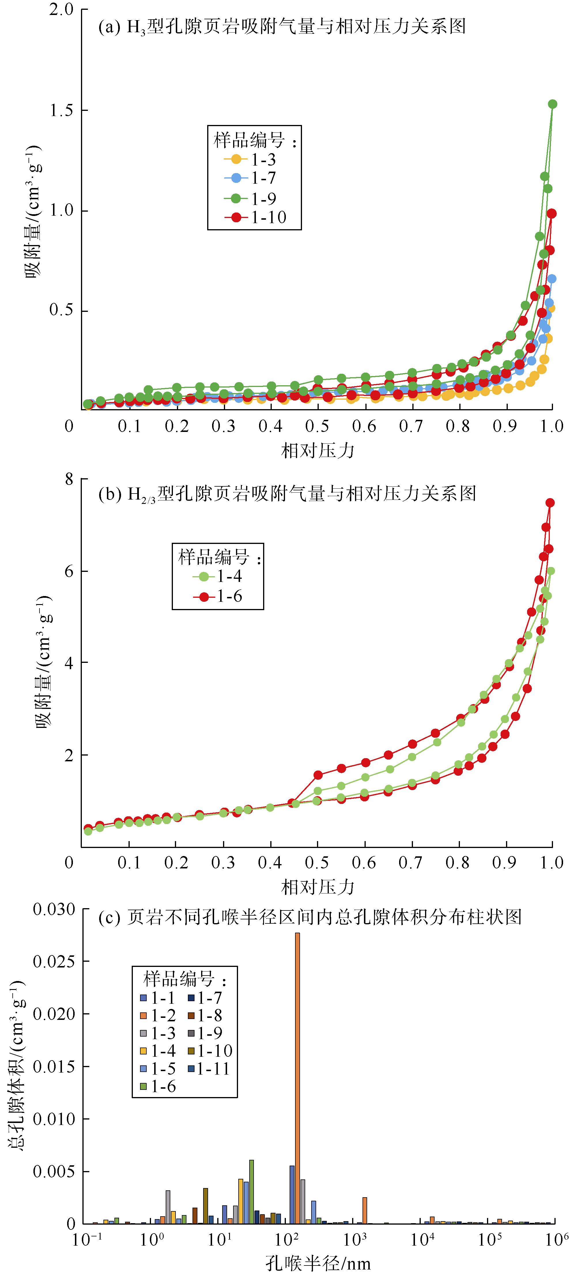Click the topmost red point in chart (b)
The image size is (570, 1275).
[550, 503]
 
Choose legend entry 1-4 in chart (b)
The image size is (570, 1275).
[229, 576]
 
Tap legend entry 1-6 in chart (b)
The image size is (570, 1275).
[229, 596]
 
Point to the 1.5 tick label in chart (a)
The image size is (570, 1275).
[61, 110]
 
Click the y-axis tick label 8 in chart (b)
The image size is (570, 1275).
[69, 479]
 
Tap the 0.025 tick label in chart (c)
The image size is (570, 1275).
[54, 962]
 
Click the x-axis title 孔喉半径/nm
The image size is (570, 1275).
[318, 1263]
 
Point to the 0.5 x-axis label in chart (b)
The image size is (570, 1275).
[317, 863]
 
